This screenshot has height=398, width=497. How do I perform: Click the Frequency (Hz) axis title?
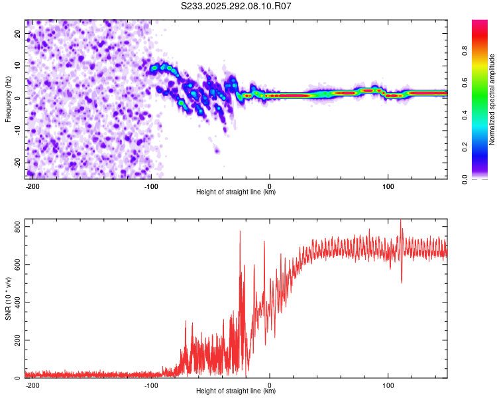pos(8,99)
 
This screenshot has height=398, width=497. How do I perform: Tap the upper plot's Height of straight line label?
pos(236,192)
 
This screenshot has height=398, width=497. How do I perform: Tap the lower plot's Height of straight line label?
pos(236,391)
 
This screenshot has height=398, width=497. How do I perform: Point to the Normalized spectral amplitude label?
pos(492,99)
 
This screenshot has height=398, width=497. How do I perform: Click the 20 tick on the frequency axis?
pos(19,34)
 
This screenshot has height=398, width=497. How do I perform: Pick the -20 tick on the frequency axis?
pos(17,163)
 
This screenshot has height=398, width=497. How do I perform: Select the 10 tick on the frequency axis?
pos(19,66)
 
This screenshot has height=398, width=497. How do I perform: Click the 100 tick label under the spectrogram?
pos(388,185)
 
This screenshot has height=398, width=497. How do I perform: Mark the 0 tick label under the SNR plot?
pos(270,384)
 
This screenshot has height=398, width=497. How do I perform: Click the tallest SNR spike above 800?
pos(400,221)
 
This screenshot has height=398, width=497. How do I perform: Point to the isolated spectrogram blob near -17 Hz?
pos(217,151)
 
